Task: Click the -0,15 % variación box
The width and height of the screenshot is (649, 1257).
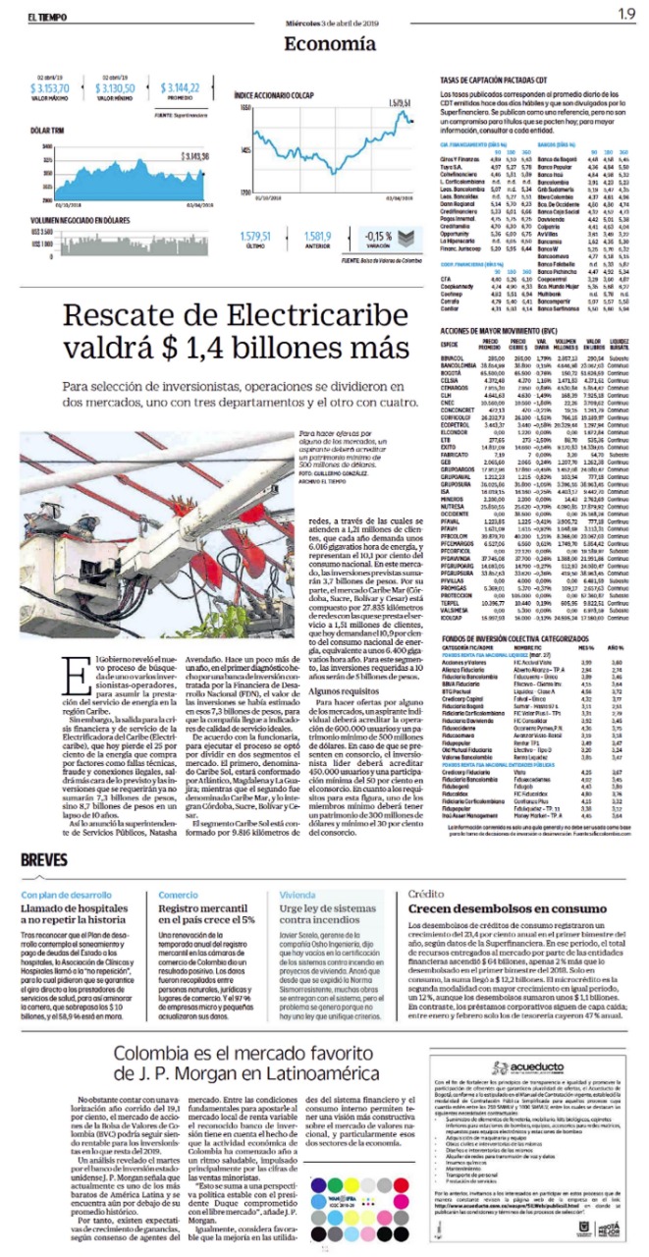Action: point(352,238)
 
